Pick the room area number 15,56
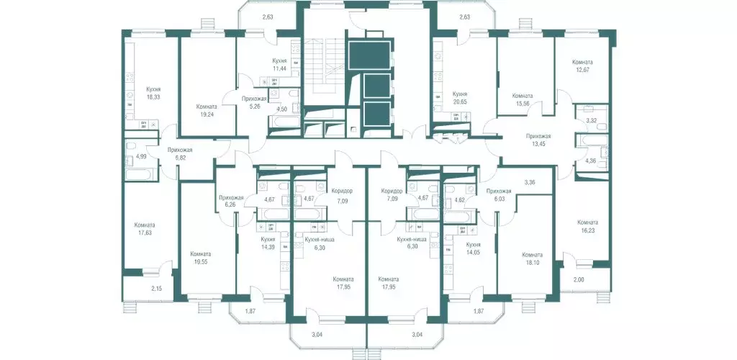click(523, 103)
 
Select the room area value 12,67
click(583, 70)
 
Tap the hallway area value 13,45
click(538, 143)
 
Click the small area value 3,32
click(591, 121)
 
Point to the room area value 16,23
click(587, 230)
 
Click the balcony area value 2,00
click(579, 279)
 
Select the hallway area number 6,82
click(179, 157)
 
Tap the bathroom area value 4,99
click(141, 156)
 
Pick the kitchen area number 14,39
click(268, 246)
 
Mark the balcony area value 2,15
click(156, 289)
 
